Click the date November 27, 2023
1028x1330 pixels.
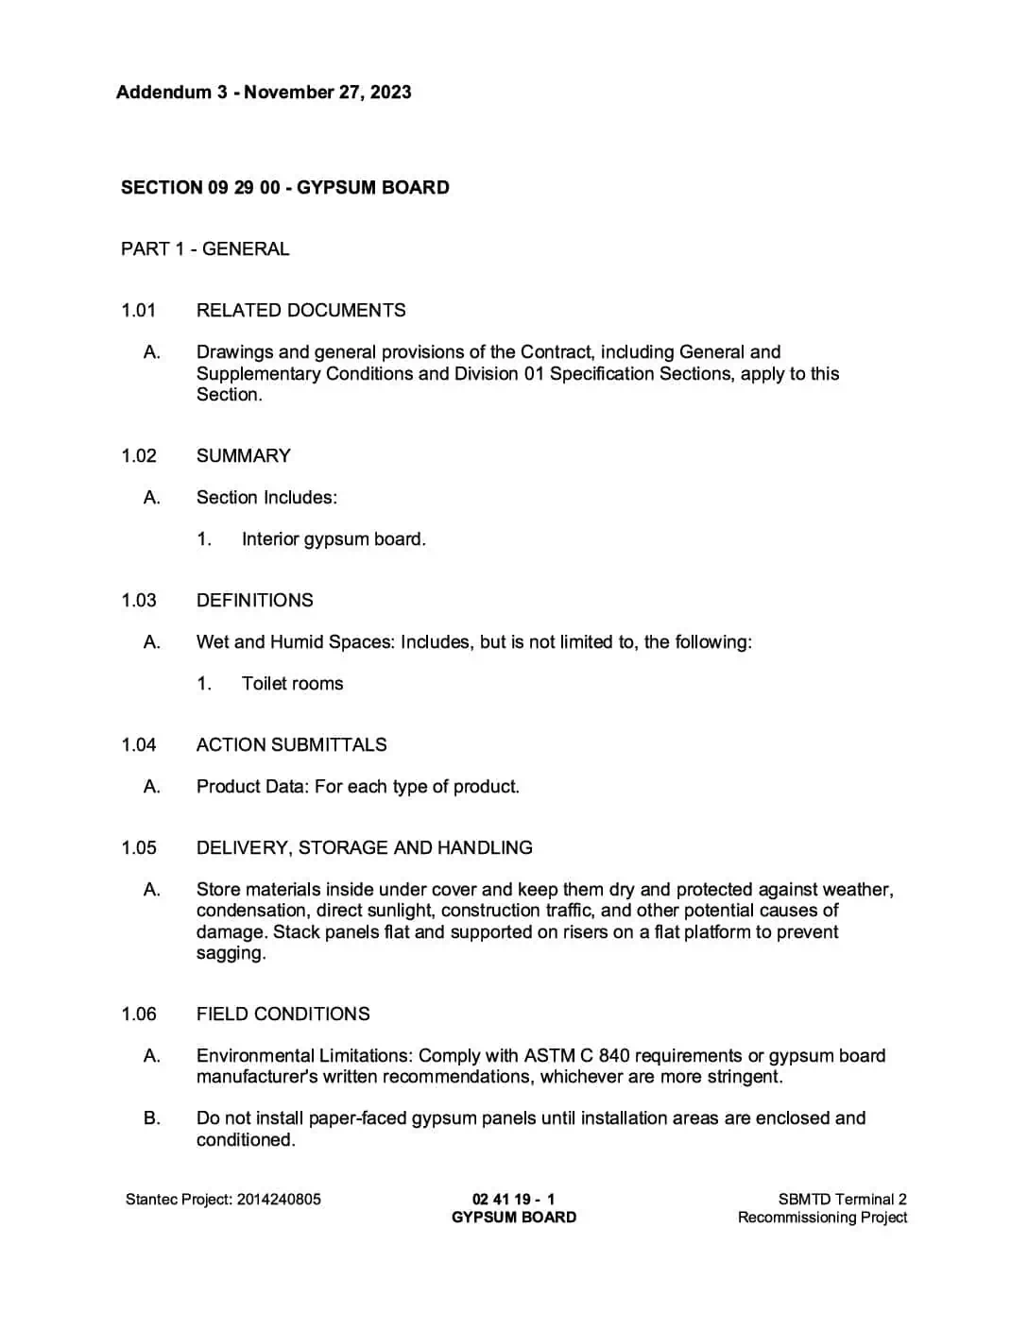pos(328,93)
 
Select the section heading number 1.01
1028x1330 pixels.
pos(138,311)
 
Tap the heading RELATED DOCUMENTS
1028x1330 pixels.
pos(300,311)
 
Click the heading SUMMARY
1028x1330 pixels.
pos(243,456)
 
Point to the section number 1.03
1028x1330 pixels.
pos(138,601)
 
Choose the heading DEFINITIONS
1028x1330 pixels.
pos(254,601)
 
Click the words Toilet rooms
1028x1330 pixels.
pos(292,684)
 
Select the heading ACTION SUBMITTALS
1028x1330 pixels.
pos(291,745)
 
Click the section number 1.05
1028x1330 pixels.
pos(138,848)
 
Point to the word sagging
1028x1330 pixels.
pos(231,953)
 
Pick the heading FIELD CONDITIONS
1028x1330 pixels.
pos(283,1015)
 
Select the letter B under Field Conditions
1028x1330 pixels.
pos(151,1118)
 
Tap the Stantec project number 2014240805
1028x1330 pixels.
pos(279,1200)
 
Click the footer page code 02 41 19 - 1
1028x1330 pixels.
pos(513,1200)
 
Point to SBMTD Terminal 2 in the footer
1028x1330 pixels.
pos(842,1200)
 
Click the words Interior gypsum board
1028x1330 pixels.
pos(334,539)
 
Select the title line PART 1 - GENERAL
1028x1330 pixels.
pos(205,249)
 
